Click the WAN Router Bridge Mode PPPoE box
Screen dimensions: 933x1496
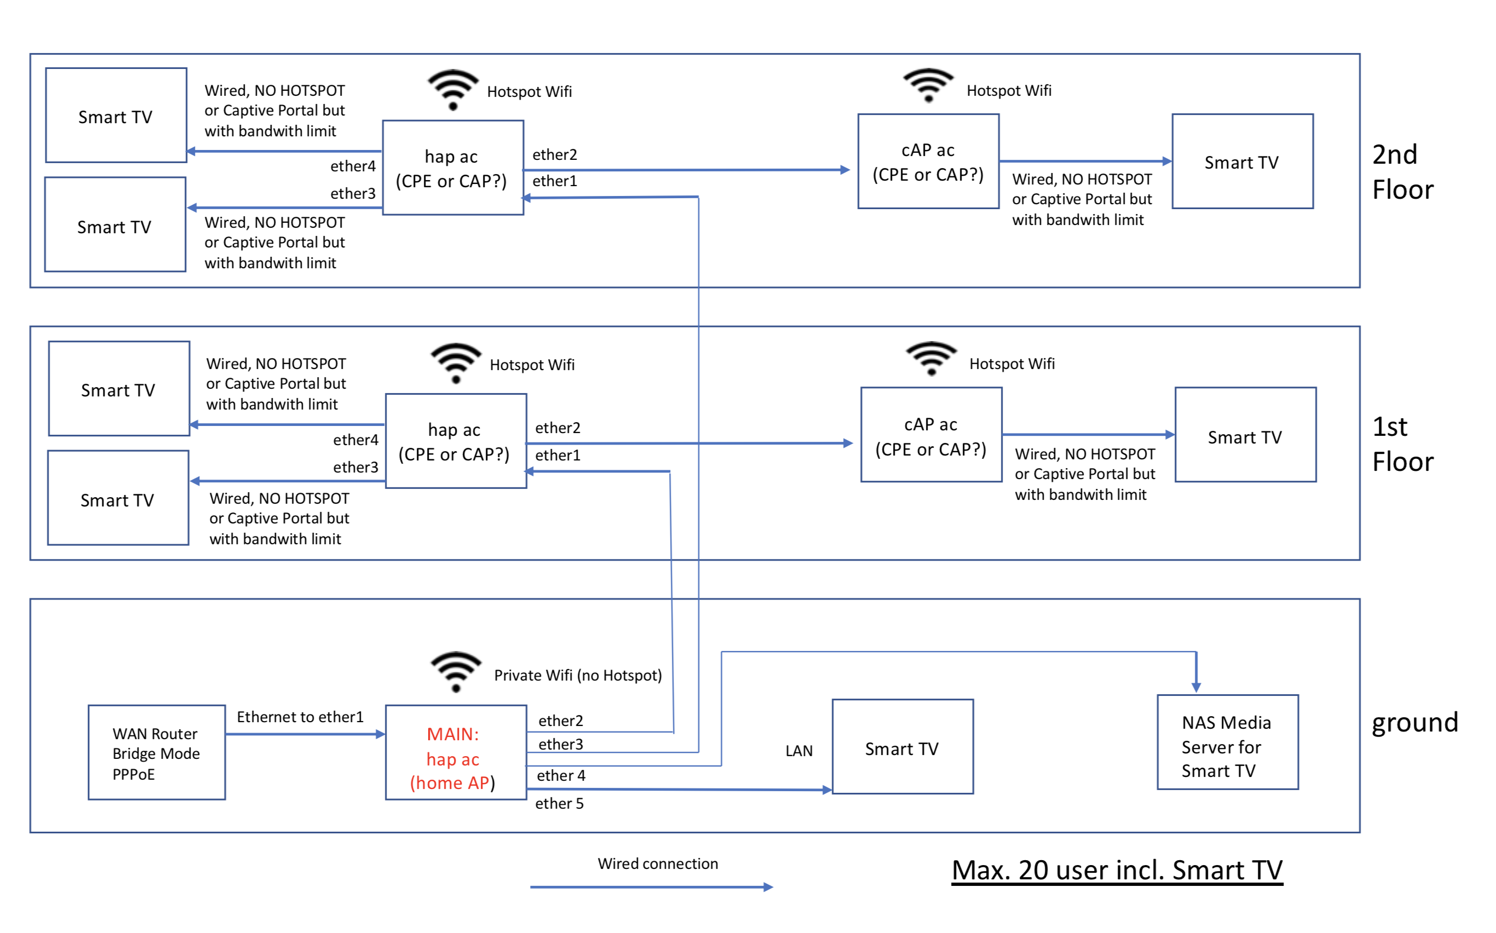pos(157,753)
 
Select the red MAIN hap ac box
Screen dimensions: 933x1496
pos(456,753)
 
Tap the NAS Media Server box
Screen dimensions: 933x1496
pos(1228,742)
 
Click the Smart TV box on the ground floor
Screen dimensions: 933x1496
pos(902,747)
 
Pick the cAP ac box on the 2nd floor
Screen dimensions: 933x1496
pos(928,162)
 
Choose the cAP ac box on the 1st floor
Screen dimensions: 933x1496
pos(931,435)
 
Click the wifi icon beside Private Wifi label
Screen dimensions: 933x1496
pos(456,671)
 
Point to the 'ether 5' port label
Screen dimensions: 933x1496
pos(559,803)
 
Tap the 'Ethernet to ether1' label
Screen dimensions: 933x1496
pos(300,717)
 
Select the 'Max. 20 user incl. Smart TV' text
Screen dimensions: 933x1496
pos(1117,870)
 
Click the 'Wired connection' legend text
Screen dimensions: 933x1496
pos(658,864)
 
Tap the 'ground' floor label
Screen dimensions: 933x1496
pos(1414,722)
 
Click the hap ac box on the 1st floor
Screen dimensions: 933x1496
pos(456,441)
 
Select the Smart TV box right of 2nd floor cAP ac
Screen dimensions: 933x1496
pos(1242,162)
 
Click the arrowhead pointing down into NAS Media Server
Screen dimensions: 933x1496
pos(1196,687)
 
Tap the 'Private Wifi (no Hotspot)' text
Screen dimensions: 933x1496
pos(578,675)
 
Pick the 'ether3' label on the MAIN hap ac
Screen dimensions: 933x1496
pos(560,744)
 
